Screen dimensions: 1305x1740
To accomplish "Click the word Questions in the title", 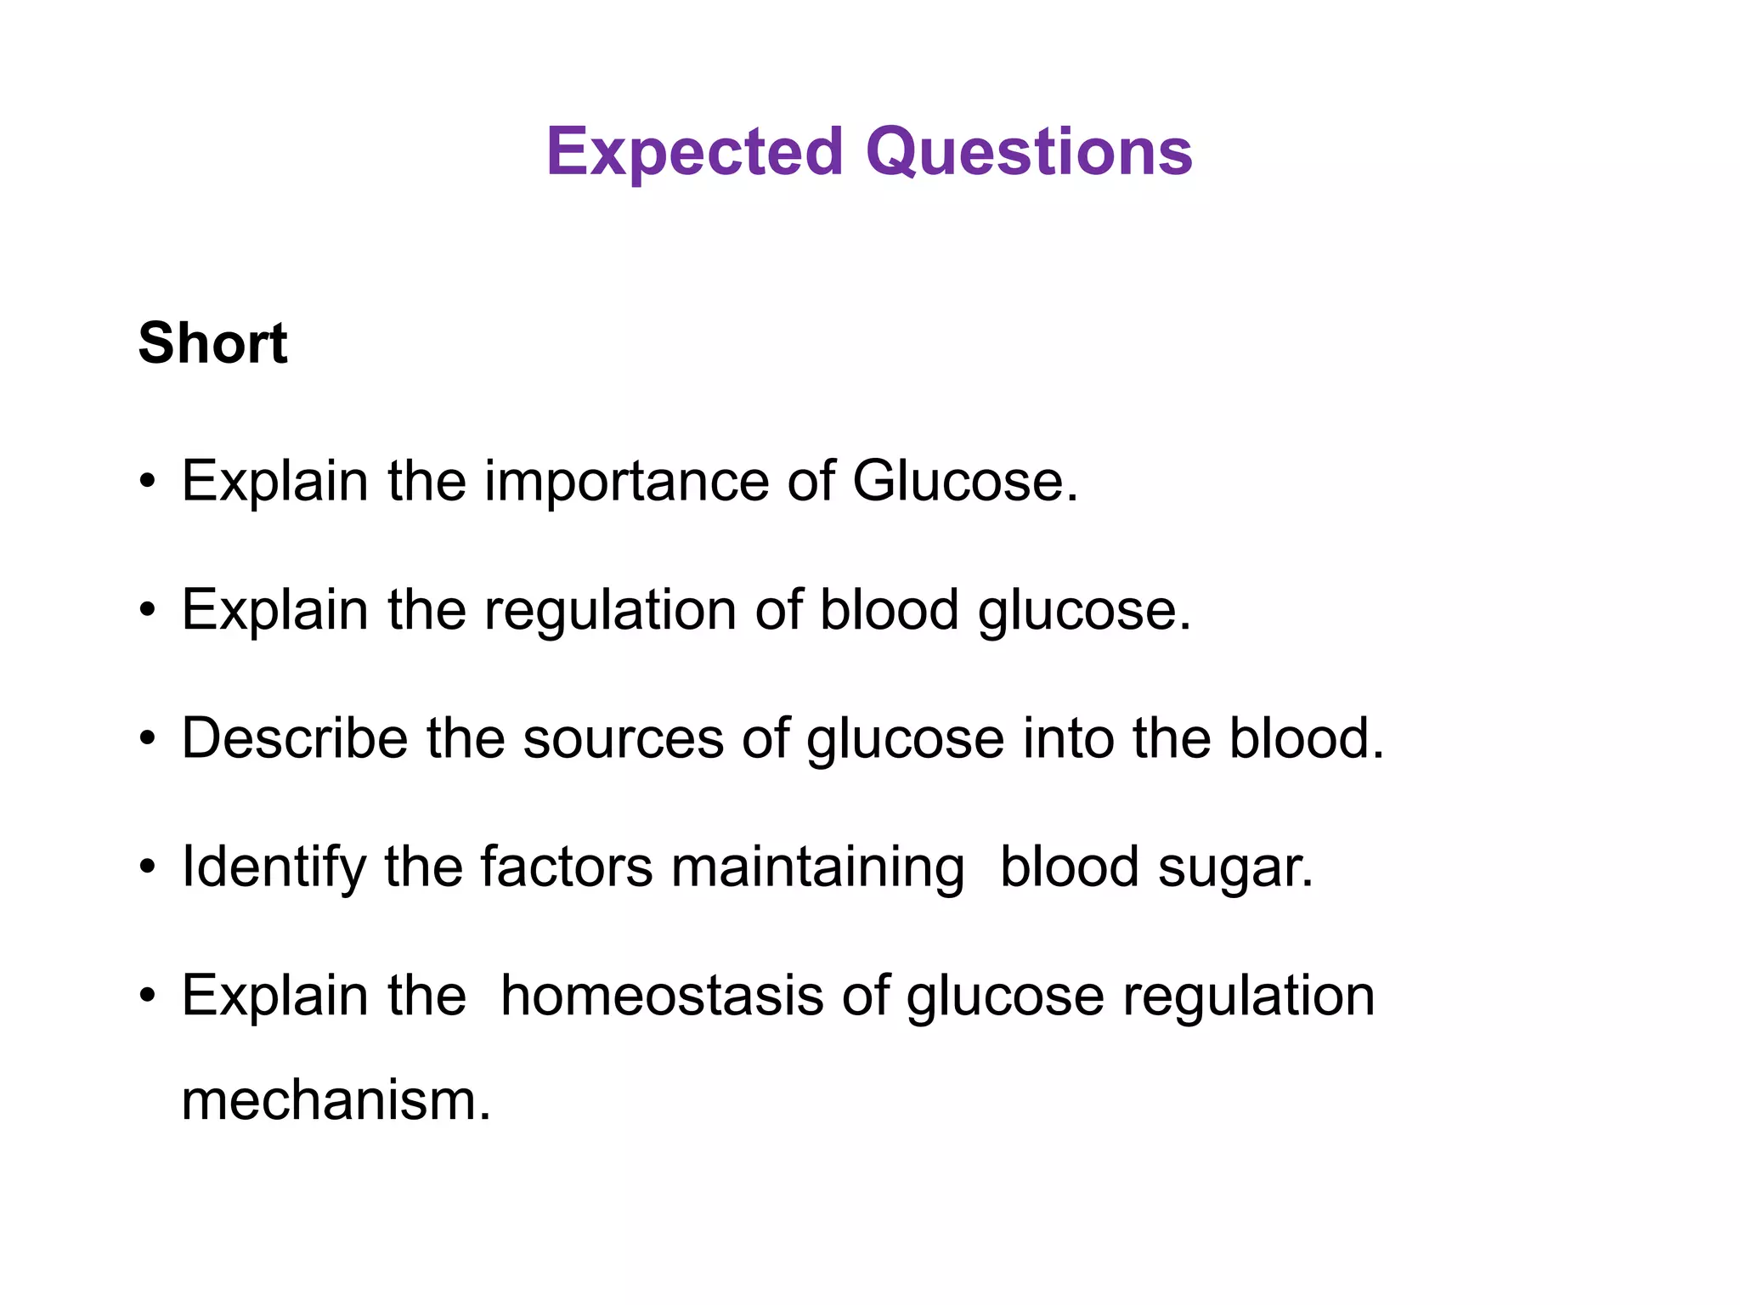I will [x=1029, y=153].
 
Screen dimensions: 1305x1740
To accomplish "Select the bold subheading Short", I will [x=212, y=343].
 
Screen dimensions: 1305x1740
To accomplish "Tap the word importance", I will [x=626, y=482].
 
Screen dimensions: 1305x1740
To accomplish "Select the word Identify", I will [x=274, y=868].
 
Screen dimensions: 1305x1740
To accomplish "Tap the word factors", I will [x=567, y=867].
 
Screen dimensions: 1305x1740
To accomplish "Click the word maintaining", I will [x=817, y=868].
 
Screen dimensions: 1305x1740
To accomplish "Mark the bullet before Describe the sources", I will [x=148, y=739].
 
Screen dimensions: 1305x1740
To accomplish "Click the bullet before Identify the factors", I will [x=148, y=868].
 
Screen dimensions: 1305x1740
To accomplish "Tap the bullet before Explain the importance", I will [x=148, y=483].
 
